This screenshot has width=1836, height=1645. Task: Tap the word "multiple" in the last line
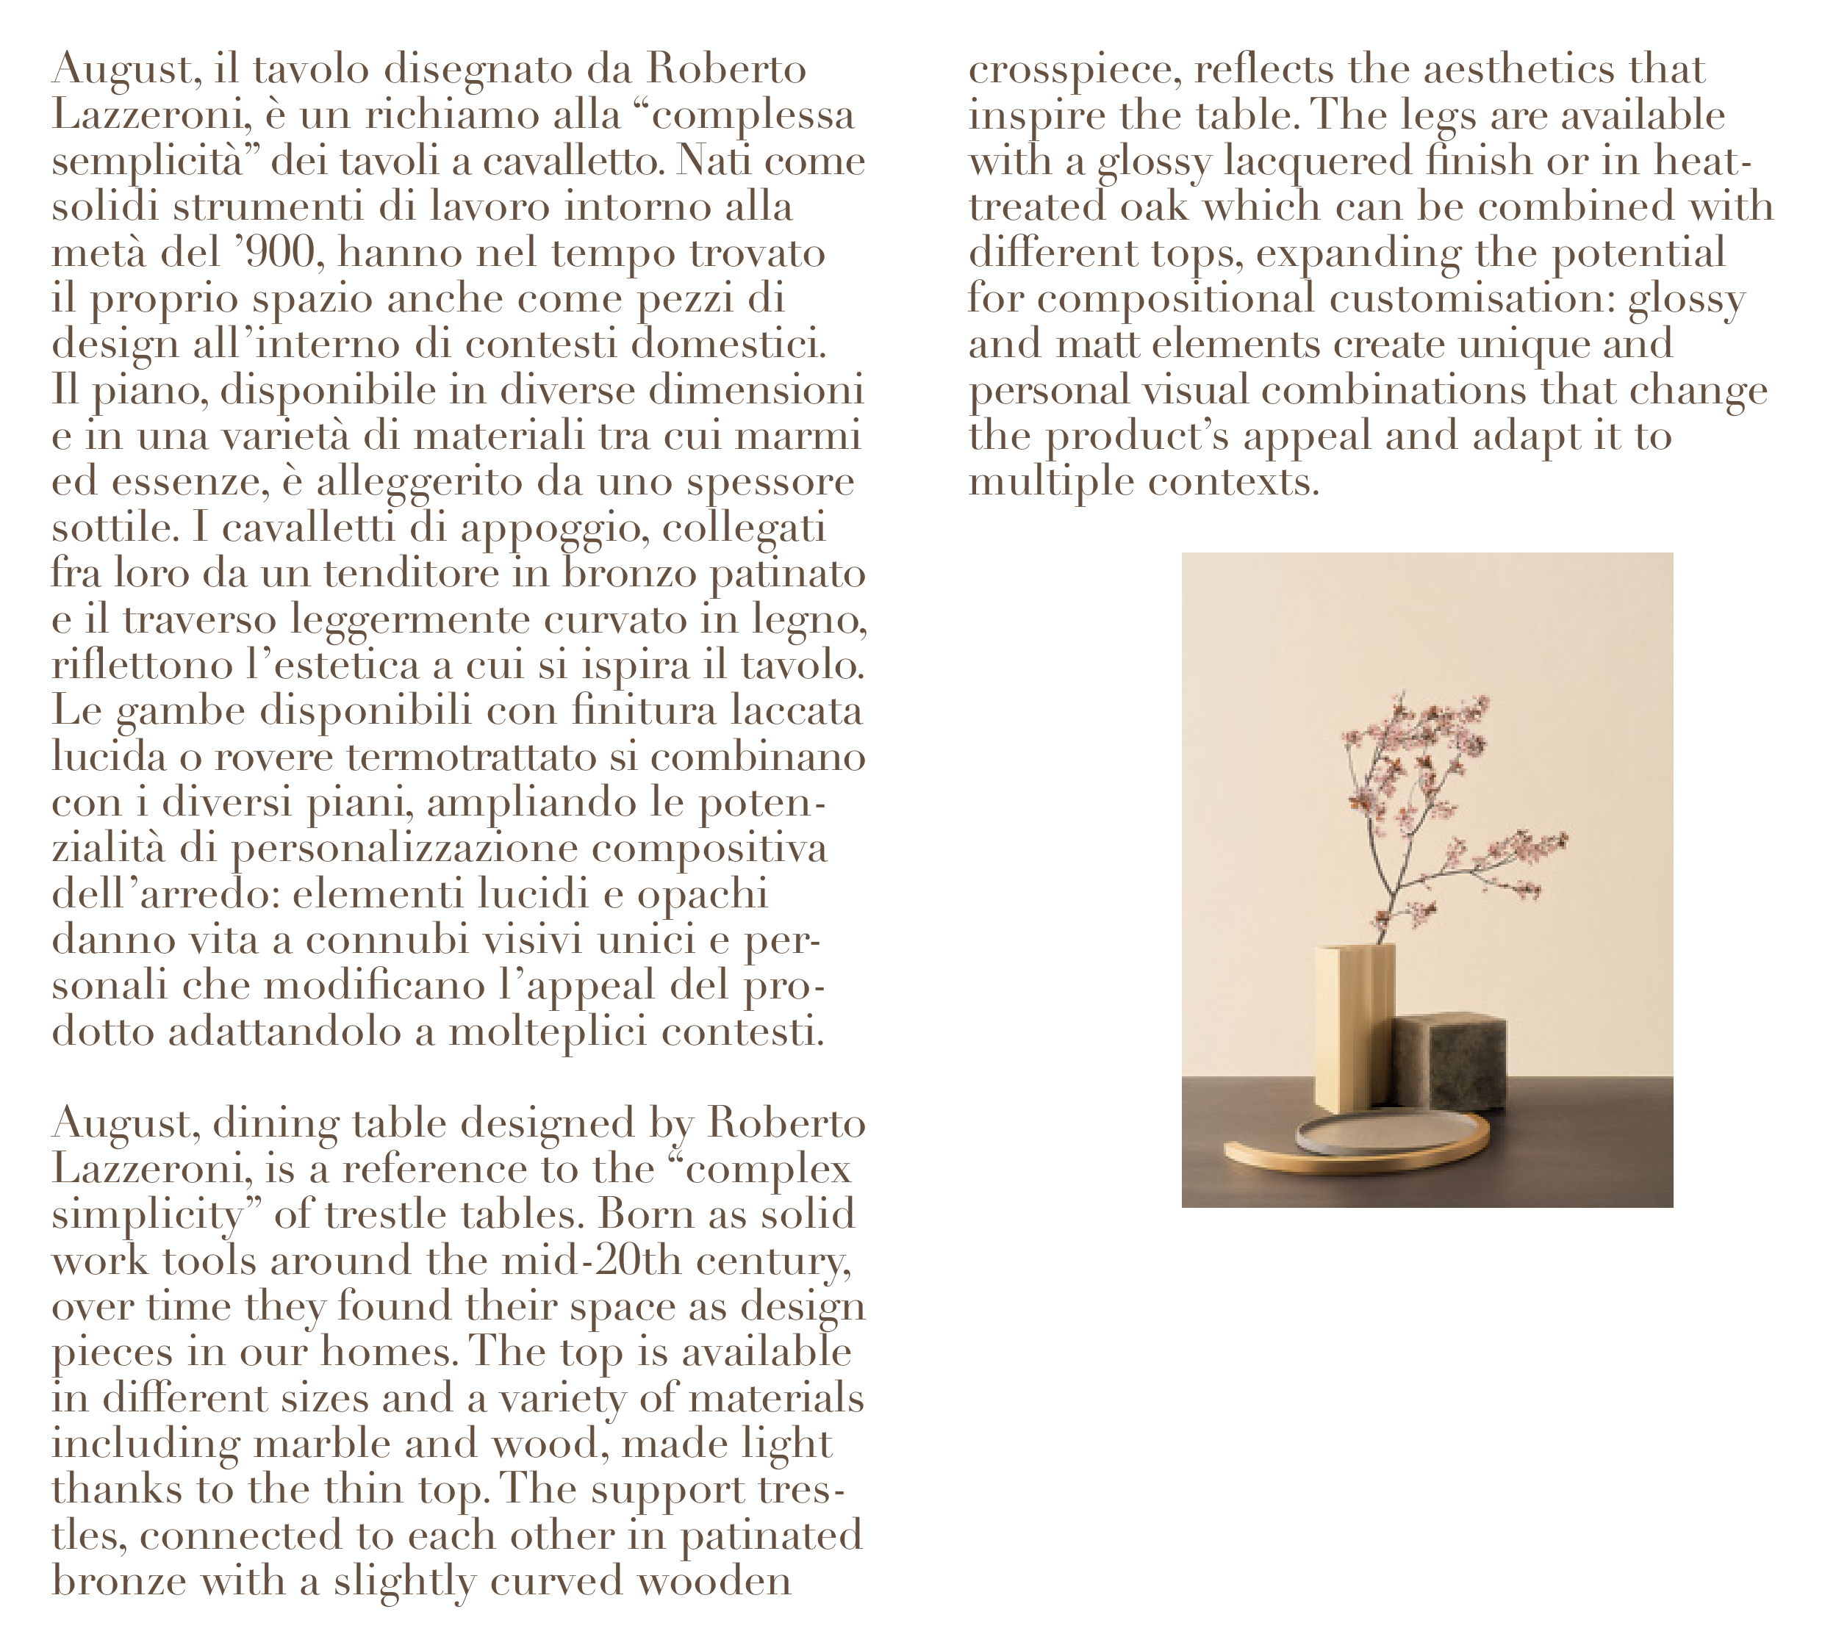point(1051,483)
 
